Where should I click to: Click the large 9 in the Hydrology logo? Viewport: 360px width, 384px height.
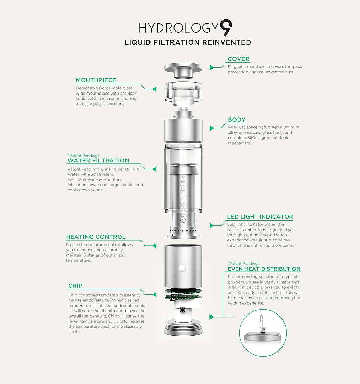pyautogui.click(x=226, y=27)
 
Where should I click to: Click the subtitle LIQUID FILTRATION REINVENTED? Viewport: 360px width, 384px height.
pyautogui.click(x=188, y=42)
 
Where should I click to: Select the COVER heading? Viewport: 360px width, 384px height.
pyautogui.click(x=238, y=59)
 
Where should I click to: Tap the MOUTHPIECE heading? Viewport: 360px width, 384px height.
pyautogui.click(x=96, y=80)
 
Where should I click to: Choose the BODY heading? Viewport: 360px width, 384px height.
pyautogui.click(x=237, y=120)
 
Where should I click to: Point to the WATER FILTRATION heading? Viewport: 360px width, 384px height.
pyautogui.click(x=98, y=161)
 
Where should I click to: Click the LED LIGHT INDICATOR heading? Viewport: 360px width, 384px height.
pyautogui.click(x=260, y=217)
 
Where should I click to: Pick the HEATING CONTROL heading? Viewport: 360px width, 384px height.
pyautogui.click(x=96, y=237)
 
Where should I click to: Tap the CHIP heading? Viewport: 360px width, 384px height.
pyautogui.click(x=75, y=286)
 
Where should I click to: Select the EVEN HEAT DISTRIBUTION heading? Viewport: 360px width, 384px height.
pyautogui.click(x=264, y=269)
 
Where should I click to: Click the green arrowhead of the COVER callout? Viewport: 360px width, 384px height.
pyautogui.click(x=212, y=67)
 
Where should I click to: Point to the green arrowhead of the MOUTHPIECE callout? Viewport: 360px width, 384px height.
pyautogui.click(x=154, y=89)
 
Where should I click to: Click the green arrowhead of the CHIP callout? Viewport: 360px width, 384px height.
pyautogui.click(x=154, y=294)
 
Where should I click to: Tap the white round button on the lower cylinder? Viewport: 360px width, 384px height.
pyautogui.click(x=182, y=268)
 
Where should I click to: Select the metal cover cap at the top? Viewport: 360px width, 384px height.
pyautogui.click(x=183, y=71)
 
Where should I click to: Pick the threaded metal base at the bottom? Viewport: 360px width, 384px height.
pyautogui.click(x=183, y=327)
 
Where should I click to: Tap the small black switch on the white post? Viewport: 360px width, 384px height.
pyautogui.click(x=182, y=310)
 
